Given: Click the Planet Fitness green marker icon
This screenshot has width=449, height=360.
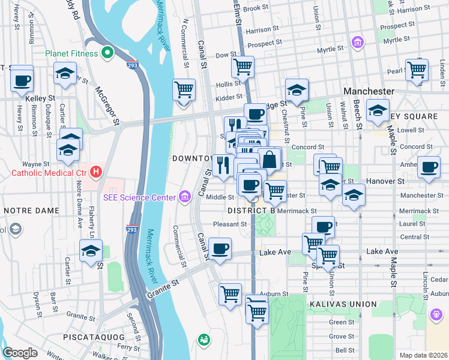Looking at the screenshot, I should click(107, 53).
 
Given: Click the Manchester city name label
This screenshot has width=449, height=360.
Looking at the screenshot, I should click(368, 91).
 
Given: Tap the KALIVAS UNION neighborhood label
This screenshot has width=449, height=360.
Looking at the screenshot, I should click(338, 305).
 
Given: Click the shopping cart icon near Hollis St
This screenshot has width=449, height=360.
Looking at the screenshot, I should click(243, 67).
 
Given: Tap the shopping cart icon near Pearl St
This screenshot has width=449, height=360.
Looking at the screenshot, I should click(417, 69).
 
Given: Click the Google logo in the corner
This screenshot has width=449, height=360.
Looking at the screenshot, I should click(20, 353).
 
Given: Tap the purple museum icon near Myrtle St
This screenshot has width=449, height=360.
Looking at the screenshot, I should click(358, 43).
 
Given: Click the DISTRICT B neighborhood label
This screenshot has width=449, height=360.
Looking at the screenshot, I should click(252, 211).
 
